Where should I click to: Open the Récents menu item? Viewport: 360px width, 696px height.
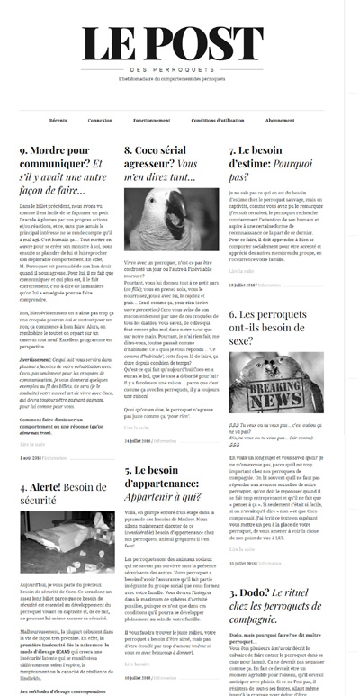click(58, 120)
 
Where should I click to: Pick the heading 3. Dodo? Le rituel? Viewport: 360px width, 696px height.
click(270, 601)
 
